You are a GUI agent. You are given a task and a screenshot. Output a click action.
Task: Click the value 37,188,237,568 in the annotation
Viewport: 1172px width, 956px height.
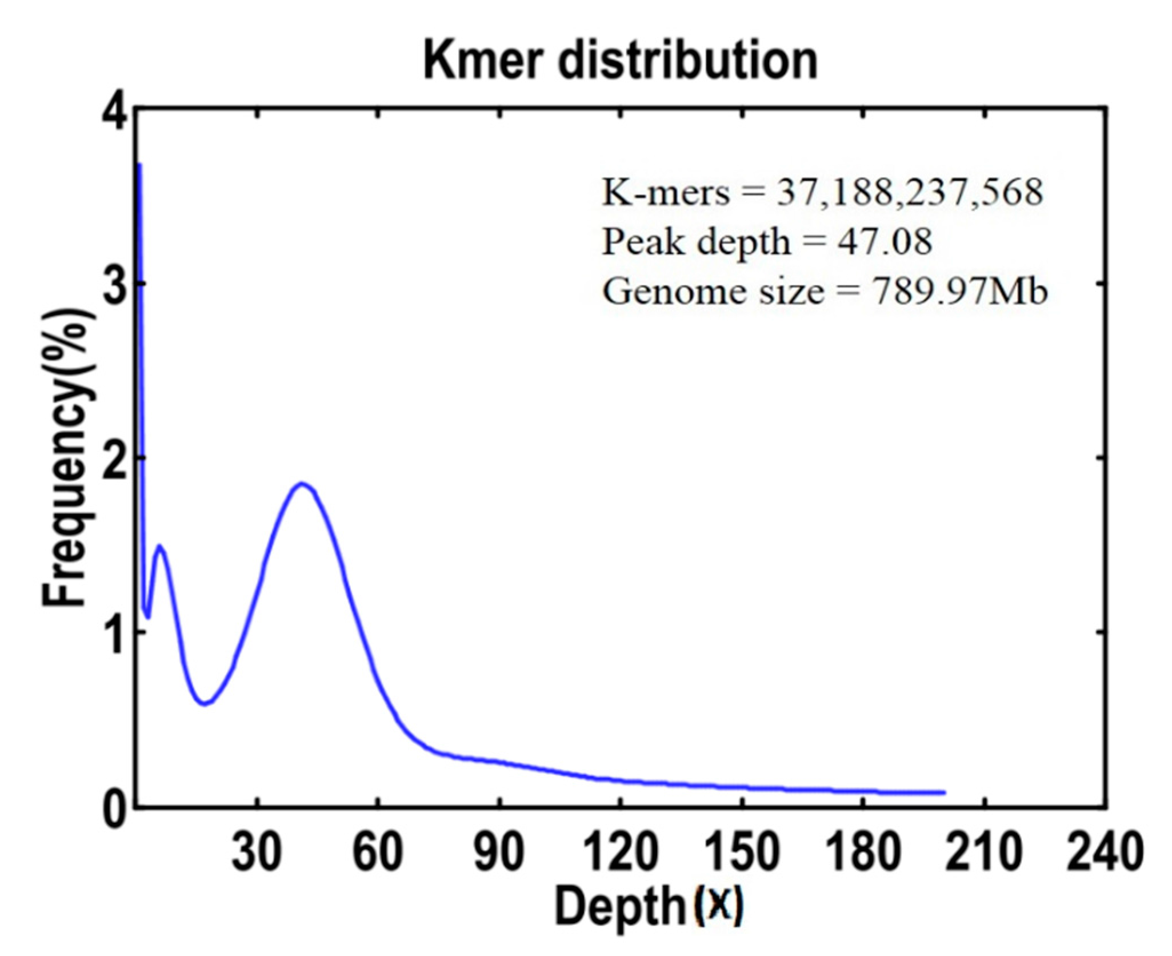909,193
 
